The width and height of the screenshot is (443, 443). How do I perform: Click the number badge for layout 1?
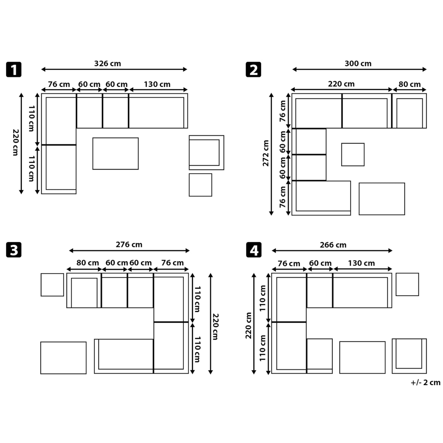pyautogui.click(x=14, y=69)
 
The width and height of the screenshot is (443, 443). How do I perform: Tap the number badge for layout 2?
pyautogui.click(x=253, y=69)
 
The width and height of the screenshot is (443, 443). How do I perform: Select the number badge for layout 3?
pyautogui.click(x=14, y=250)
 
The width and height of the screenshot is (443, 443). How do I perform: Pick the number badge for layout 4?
pyautogui.click(x=254, y=250)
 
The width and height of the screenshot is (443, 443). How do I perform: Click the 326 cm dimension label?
pyautogui.click(x=107, y=63)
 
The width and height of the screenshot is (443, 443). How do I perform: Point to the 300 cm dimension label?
pyautogui.click(x=358, y=63)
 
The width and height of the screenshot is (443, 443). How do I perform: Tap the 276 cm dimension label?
pyautogui.click(x=129, y=244)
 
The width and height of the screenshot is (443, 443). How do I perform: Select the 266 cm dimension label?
pyautogui.click(x=333, y=245)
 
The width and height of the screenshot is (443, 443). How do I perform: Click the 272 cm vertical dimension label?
pyautogui.click(x=266, y=153)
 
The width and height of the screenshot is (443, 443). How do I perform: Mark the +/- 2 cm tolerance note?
pyautogui.click(x=426, y=382)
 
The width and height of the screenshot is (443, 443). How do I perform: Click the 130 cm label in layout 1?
pyautogui.click(x=157, y=84)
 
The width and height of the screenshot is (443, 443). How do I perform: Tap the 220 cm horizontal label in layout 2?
pyautogui.click(x=341, y=84)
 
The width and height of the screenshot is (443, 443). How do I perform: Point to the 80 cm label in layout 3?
pyautogui.click(x=87, y=262)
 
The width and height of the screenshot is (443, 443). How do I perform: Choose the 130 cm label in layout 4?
pyautogui.click(x=361, y=263)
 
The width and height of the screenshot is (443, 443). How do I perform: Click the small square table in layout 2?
pyautogui.click(x=353, y=154)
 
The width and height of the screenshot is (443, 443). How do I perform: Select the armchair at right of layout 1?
pyautogui.click(x=206, y=152)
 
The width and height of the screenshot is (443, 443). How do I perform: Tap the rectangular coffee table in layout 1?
pyautogui.click(x=116, y=154)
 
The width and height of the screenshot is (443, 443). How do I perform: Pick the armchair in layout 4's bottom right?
pyautogui.click(x=409, y=356)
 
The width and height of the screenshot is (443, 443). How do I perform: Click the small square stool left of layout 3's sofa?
pyautogui.click(x=52, y=285)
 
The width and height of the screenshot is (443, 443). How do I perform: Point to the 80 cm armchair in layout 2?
pyautogui.click(x=409, y=111)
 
